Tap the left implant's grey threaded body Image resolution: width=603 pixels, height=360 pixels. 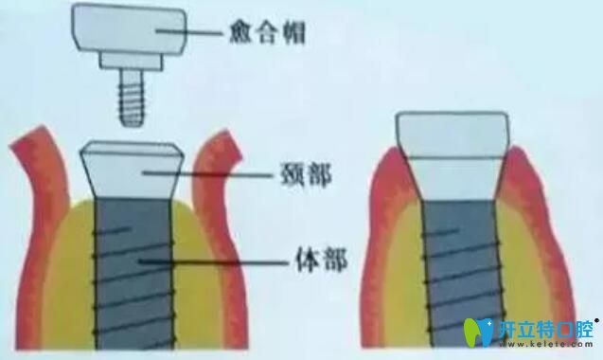click(133, 275)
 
